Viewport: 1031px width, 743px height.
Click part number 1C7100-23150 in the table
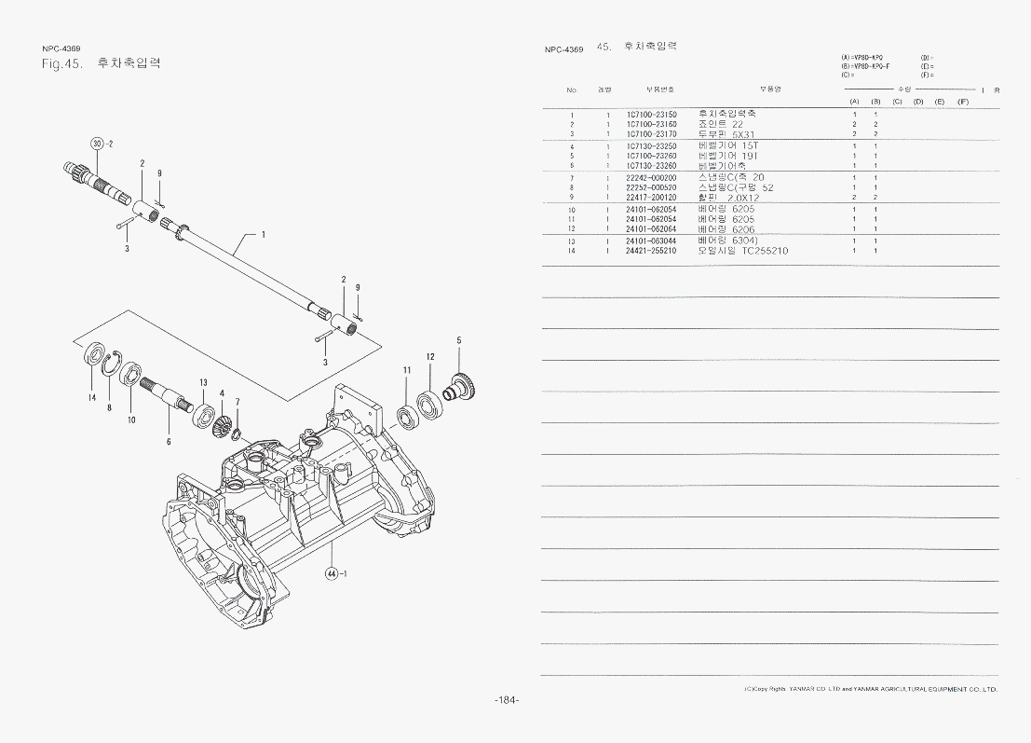(651, 114)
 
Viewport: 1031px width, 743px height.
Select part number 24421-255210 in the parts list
(651, 251)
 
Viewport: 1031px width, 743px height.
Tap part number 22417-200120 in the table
(651, 198)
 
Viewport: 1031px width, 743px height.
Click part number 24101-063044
(651, 241)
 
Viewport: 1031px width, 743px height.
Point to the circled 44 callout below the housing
(332, 572)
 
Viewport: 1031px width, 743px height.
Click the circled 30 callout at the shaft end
(97, 143)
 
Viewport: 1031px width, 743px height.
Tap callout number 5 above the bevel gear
(459, 340)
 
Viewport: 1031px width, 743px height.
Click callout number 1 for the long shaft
(264, 235)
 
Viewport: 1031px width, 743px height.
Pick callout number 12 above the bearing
(430, 356)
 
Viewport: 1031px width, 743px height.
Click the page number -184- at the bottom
(507, 701)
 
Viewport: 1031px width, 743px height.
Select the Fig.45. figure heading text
(65, 64)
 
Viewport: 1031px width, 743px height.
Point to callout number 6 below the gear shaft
(169, 441)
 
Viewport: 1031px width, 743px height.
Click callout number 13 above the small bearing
(202, 383)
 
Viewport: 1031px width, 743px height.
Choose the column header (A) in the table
(854, 101)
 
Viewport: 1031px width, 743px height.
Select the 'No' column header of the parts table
(571, 89)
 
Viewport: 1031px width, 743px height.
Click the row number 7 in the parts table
(572, 178)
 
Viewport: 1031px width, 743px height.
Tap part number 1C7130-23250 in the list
(651, 146)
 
